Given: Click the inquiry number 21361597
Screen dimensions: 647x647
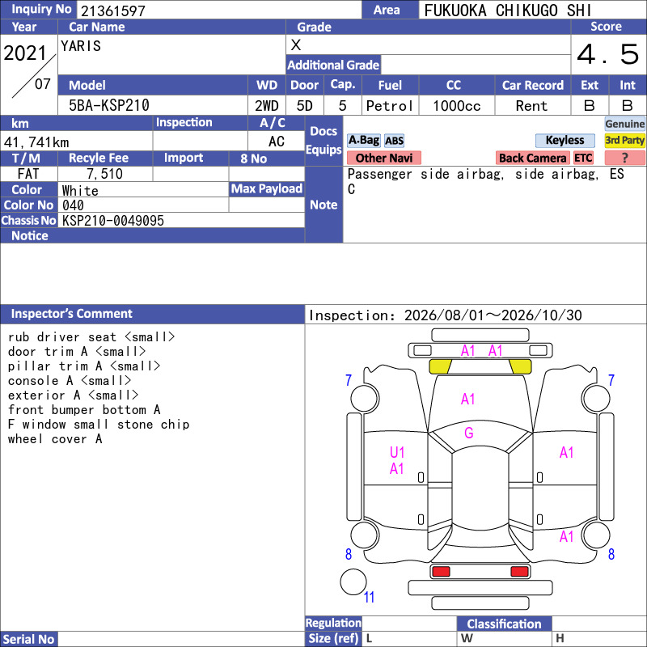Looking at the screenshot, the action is [113, 11].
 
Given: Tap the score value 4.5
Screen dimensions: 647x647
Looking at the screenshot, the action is [607, 54].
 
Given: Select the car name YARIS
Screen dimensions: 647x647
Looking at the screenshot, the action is [81, 46].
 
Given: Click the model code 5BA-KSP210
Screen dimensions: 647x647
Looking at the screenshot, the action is [109, 105].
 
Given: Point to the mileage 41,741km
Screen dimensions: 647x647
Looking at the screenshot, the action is [36, 142].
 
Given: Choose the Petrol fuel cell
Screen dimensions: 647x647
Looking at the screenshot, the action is [390, 106].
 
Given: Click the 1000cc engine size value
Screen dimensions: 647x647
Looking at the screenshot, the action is [457, 106].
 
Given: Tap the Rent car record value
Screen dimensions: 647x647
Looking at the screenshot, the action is [531, 106].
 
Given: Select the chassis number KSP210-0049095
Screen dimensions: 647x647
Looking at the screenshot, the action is [113, 221].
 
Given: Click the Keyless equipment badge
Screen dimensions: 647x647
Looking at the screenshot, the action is [565, 140].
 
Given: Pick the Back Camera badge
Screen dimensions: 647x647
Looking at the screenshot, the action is [532, 158].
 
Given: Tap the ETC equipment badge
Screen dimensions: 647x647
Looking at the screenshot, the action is [583, 158].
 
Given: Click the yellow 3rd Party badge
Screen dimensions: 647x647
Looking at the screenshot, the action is [624, 140].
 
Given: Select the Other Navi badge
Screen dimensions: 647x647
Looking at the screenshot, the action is [383, 158].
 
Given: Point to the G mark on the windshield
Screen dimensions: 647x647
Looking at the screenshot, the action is [469, 433].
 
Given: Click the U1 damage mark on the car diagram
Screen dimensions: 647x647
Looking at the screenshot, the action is [397, 453].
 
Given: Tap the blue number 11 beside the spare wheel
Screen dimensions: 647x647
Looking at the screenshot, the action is [369, 597].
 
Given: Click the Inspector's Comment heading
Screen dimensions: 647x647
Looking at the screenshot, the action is [72, 314].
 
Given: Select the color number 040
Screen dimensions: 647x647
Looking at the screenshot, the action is [73, 205].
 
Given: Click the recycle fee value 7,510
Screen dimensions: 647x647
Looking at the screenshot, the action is [105, 174].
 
